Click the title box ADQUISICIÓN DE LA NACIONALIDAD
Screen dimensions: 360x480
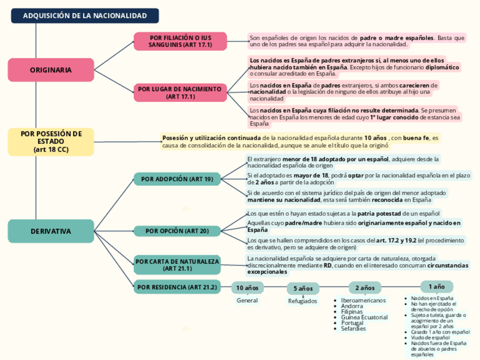[x=85, y=16]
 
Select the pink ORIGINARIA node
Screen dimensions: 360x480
[x=51, y=70]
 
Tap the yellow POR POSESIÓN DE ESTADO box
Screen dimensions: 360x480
[x=51, y=142]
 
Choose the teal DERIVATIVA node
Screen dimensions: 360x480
[x=51, y=231]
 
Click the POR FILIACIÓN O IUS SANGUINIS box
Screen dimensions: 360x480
[x=180, y=41]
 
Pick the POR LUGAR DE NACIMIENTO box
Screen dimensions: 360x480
[x=180, y=93]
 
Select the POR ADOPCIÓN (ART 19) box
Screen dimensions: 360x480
[x=177, y=179]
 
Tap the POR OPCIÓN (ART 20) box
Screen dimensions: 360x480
[x=177, y=231]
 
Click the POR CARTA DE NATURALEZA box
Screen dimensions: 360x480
[x=177, y=264]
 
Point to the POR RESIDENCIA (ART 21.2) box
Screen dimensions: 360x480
[x=177, y=287]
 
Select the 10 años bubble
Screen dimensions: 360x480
[x=247, y=288]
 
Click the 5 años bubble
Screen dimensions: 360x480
[x=303, y=289]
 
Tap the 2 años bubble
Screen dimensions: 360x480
[x=365, y=288]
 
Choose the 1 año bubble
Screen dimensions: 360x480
[x=436, y=286]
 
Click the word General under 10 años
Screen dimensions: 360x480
[x=247, y=301]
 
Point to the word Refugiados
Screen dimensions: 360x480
[x=303, y=301]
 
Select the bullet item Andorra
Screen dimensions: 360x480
[x=352, y=306]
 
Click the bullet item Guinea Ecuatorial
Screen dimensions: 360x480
[x=365, y=318]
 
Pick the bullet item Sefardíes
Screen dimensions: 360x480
[x=354, y=329]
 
